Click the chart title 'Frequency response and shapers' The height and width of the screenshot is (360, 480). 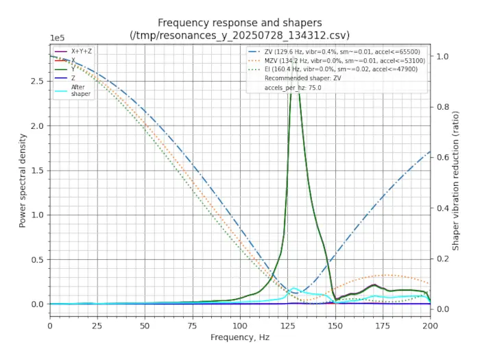[x=239, y=23]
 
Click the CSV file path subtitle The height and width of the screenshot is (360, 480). [x=239, y=34]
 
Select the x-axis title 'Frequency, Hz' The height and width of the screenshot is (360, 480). [x=239, y=337]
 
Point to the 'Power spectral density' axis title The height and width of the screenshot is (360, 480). [x=23, y=180]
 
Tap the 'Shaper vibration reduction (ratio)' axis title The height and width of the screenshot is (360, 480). [x=455, y=180]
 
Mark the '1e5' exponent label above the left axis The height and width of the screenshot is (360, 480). [x=58, y=39]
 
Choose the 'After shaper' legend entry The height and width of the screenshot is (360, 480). [x=81, y=91]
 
